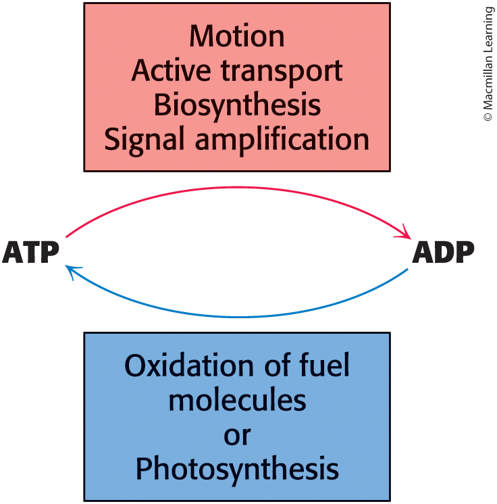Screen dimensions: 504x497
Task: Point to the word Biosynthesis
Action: click(x=237, y=106)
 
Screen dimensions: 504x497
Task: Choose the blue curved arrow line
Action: click(x=236, y=316)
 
